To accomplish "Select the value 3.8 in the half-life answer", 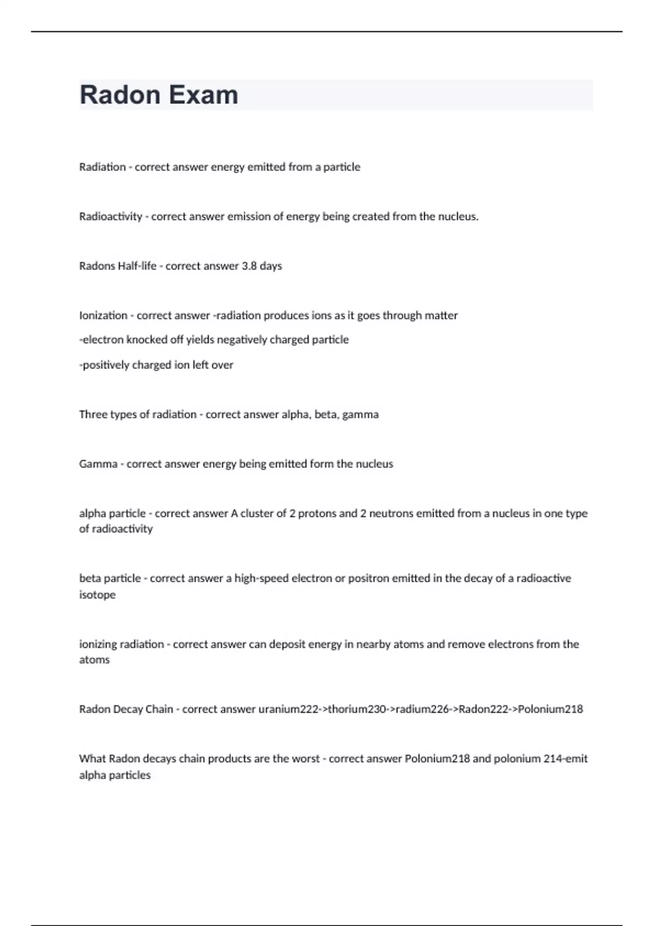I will pyautogui.click(x=249, y=266).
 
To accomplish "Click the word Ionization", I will pyautogui.click(x=103, y=316).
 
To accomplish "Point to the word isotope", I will pyautogui.click(x=97, y=595).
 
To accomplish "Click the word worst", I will pyautogui.click(x=305, y=759).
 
